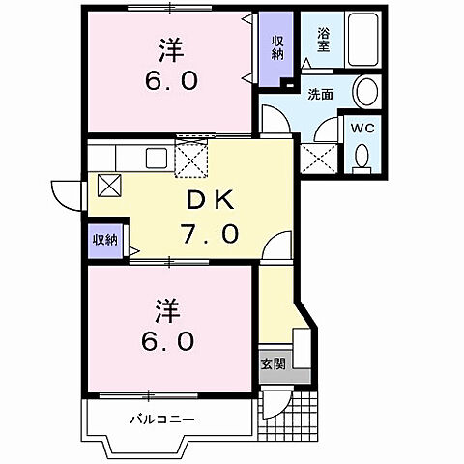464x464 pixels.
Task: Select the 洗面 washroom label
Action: (x=321, y=95)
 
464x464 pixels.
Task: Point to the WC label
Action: (x=362, y=128)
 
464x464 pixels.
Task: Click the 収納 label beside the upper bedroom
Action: (x=277, y=45)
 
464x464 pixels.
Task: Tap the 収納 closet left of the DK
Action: (x=104, y=240)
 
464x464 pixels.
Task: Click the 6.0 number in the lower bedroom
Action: (x=170, y=340)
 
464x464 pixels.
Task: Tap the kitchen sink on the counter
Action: (x=155, y=157)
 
